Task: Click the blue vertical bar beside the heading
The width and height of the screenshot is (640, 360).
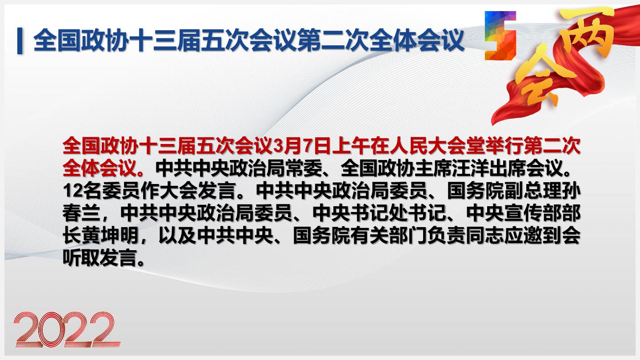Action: [20, 40]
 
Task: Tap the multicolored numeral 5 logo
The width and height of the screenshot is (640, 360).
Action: [500, 36]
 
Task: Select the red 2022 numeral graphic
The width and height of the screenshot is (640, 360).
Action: [67, 329]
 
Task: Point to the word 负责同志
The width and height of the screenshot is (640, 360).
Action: [466, 236]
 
